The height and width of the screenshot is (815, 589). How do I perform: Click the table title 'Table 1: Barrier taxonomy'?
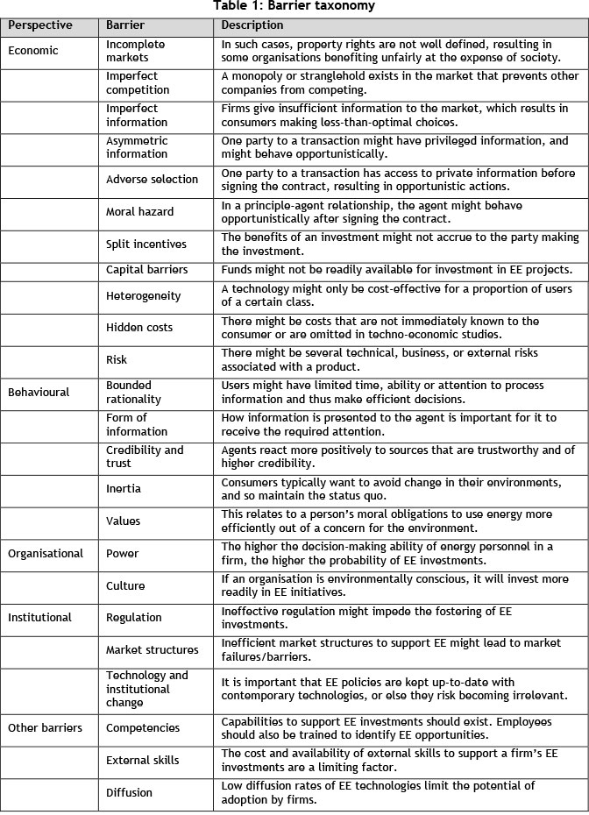click(x=294, y=6)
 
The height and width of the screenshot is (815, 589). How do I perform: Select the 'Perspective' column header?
click(x=40, y=25)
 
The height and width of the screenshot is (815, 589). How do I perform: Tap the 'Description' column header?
click(x=252, y=25)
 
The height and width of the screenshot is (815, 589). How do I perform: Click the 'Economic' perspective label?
click(x=33, y=51)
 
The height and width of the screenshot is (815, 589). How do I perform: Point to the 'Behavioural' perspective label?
click(x=39, y=393)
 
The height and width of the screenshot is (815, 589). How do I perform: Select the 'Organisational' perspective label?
click(x=46, y=553)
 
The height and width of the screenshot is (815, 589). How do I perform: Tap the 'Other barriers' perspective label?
click(x=46, y=727)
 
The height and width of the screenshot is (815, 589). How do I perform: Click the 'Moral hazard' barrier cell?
click(x=140, y=211)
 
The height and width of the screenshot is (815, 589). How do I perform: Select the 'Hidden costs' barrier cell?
click(x=139, y=328)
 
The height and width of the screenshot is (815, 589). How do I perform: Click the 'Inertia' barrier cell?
click(x=124, y=488)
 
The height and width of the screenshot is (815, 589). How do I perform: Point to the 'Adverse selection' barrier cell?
click(x=152, y=180)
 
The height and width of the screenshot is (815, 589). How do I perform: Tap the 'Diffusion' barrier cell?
click(x=130, y=792)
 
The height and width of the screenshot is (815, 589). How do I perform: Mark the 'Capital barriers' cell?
click(x=147, y=269)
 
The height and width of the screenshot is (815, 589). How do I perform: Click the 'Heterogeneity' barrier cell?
click(x=144, y=296)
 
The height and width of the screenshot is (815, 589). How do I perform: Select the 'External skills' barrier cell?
click(x=142, y=760)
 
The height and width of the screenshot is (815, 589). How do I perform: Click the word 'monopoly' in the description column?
click(x=258, y=75)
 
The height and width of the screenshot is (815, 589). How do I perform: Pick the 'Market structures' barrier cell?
click(x=153, y=649)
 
